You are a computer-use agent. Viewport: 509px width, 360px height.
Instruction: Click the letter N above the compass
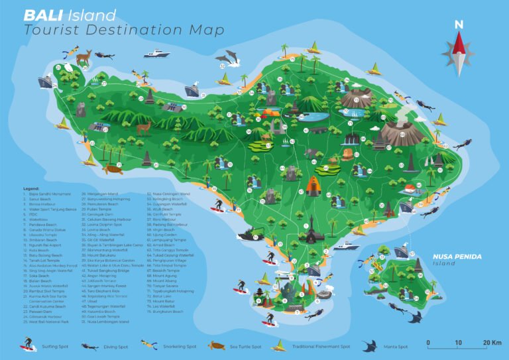[459, 25]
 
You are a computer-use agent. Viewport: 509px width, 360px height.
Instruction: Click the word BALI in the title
[39, 15]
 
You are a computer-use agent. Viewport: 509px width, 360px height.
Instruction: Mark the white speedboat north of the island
[158, 53]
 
